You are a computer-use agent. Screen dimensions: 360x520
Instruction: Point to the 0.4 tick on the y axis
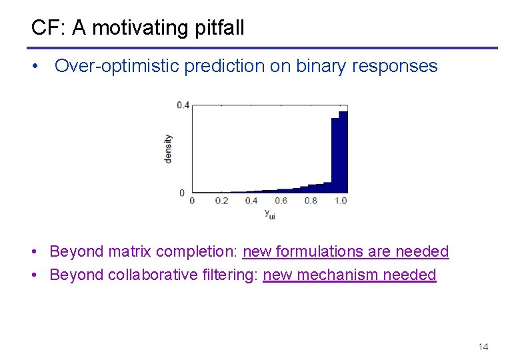coord(183,105)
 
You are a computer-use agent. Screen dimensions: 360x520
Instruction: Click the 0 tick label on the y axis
coord(183,193)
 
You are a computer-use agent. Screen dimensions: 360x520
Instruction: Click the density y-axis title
coord(168,149)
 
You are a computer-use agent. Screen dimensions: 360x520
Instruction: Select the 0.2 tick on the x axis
coord(221,201)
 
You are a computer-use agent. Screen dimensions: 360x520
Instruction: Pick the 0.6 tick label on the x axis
coord(281,201)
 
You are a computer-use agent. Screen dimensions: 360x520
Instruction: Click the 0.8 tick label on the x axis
coord(311,201)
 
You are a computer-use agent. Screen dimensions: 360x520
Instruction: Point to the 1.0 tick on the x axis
coord(340,201)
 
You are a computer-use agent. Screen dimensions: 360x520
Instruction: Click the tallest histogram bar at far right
coord(343,152)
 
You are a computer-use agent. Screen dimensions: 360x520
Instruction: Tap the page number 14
coord(483,347)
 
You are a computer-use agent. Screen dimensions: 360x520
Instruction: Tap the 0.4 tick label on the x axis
coord(251,201)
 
